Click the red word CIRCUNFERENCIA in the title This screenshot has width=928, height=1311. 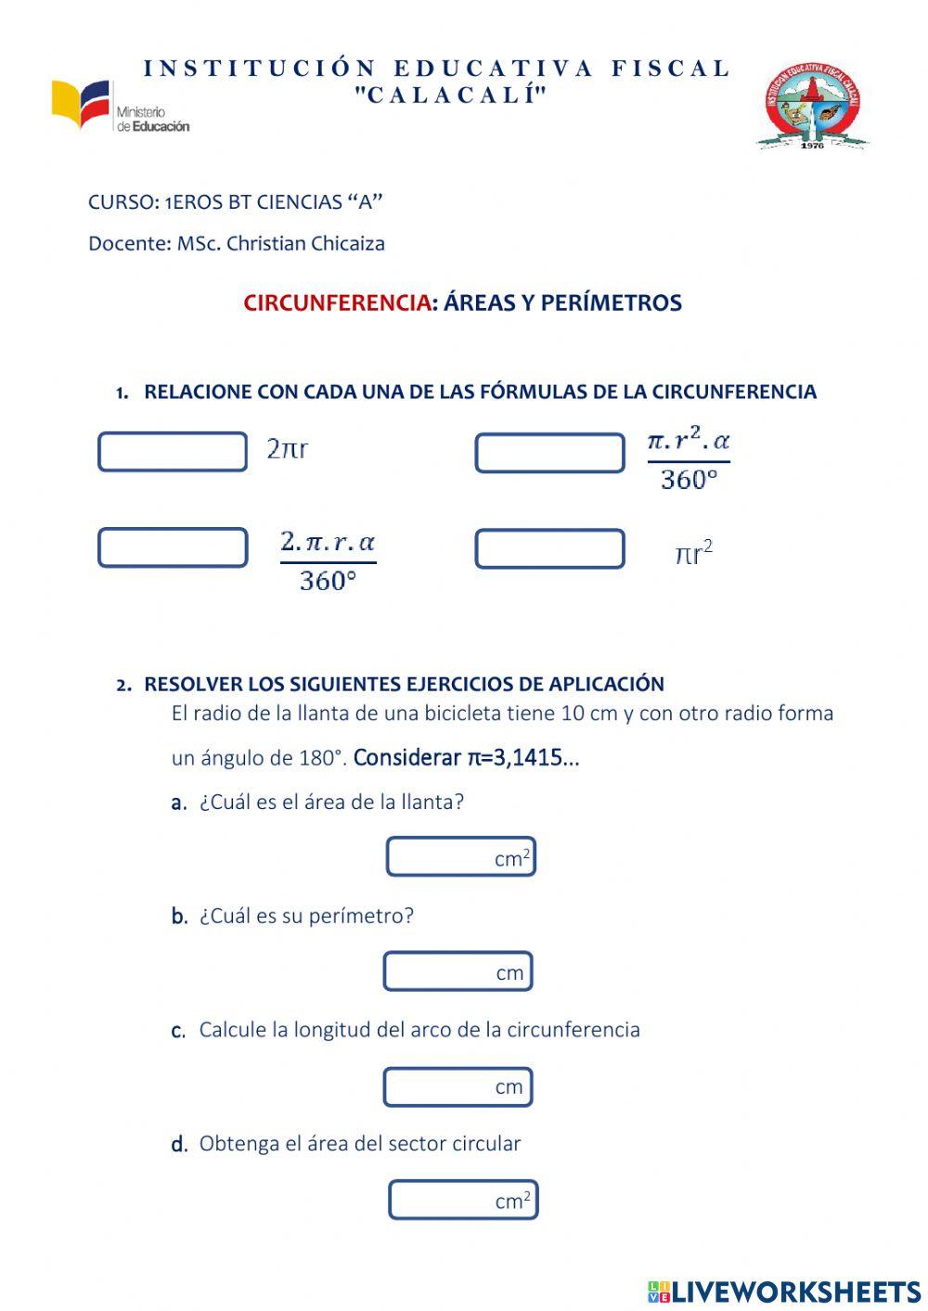[x=337, y=303]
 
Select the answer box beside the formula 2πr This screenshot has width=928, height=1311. [x=173, y=452]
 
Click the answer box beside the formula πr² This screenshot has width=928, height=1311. [x=549, y=548]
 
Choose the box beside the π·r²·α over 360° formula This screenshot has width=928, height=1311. [x=549, y=453]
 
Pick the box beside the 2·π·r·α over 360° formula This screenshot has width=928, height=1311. [x=173, y=547]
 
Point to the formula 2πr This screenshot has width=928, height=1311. [x=288, y=450]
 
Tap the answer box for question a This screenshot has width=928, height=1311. [x=460, y=856]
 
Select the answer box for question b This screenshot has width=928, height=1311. [x=458, y=971]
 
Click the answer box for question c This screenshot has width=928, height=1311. [x=458, y=1086]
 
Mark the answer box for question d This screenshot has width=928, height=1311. [x=462, y=1200]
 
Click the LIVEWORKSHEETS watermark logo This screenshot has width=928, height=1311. [x=784, y=1292]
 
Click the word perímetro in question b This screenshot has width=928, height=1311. [x=360, y=917]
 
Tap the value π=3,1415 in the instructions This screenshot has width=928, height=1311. [x=515, y=758]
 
